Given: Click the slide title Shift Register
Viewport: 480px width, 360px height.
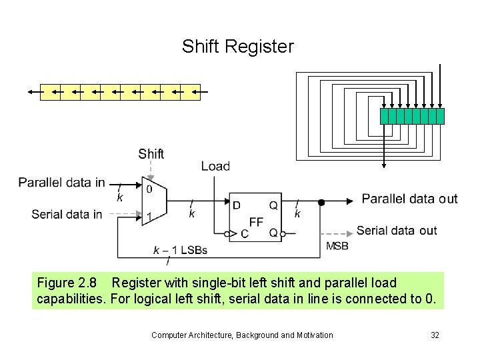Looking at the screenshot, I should [237, 47].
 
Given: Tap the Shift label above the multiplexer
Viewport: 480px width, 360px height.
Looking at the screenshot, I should [151, 154].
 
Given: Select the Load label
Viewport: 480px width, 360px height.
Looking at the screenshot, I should [215, 167].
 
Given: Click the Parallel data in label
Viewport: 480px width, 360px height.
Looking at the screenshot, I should [61, 183].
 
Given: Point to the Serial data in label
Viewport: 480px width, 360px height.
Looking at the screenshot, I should [67, 214].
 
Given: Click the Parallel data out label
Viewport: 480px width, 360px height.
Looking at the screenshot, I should [409, 199].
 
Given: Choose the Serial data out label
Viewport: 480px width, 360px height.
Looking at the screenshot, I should [397, 231].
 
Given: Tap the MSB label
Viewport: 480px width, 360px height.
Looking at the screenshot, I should [337, 246].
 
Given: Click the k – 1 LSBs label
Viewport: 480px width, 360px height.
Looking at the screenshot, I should [180, 250].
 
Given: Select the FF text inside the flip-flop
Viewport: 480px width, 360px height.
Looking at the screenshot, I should [256, 222].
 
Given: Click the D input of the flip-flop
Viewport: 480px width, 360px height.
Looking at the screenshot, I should [237, 205].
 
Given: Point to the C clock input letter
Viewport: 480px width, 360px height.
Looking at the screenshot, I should [244, 233].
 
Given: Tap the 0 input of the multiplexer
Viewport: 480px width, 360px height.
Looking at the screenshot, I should [149, 189].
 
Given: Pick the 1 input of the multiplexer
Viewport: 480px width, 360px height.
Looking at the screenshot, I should [149, 215].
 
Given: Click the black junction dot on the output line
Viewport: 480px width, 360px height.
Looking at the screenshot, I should [321, 202].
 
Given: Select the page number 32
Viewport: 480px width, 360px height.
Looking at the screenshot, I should [435, 335].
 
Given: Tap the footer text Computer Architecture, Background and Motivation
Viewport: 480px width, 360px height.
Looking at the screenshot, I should [242, 335].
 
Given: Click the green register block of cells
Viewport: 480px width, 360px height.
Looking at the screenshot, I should [412, 116].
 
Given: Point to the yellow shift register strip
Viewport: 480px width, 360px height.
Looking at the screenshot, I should [120, 92].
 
